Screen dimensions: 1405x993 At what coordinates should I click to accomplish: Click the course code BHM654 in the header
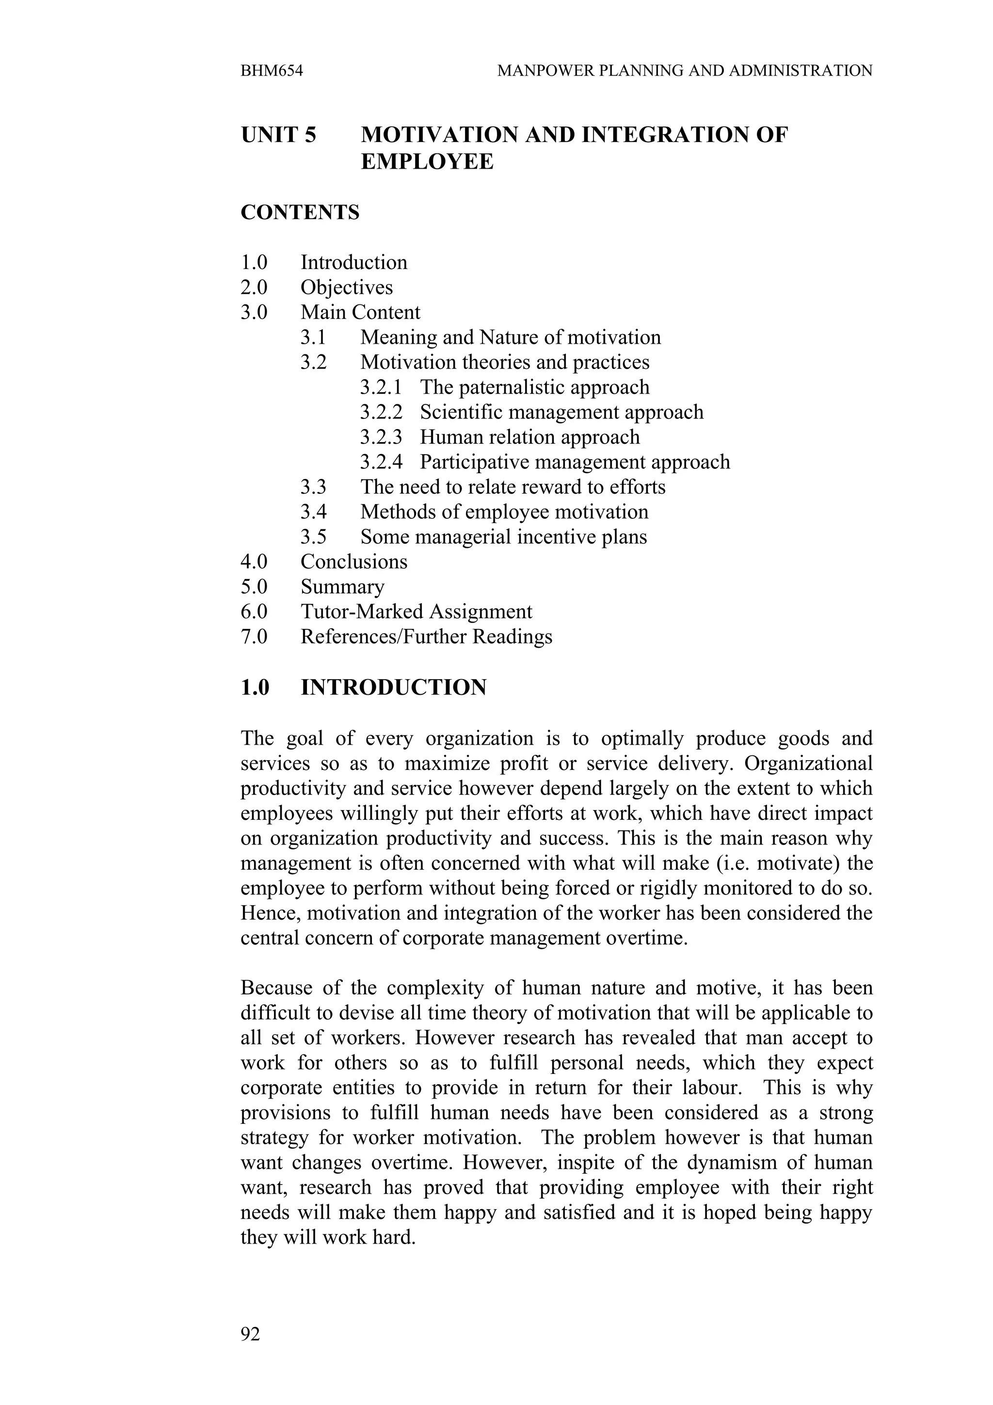click(272, 71)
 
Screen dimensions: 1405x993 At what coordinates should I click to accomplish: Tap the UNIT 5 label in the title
click(278, 135)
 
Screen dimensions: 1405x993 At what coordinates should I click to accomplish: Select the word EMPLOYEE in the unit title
click(427, 162)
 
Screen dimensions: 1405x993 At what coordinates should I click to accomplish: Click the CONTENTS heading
click(300, 212)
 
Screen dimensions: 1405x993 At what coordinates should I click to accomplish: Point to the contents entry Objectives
click(346, 287)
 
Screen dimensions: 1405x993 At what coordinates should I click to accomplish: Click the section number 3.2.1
click(381, 387)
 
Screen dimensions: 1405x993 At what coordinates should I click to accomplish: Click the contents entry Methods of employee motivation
click(504, 511)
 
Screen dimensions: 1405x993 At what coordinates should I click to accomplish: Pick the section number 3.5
click(313, 537)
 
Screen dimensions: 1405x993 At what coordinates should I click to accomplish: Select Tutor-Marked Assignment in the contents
click(416, 611)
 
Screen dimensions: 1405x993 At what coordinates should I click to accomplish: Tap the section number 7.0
click(254, 637)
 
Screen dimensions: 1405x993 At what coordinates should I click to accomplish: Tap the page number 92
click(250, 1333)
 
